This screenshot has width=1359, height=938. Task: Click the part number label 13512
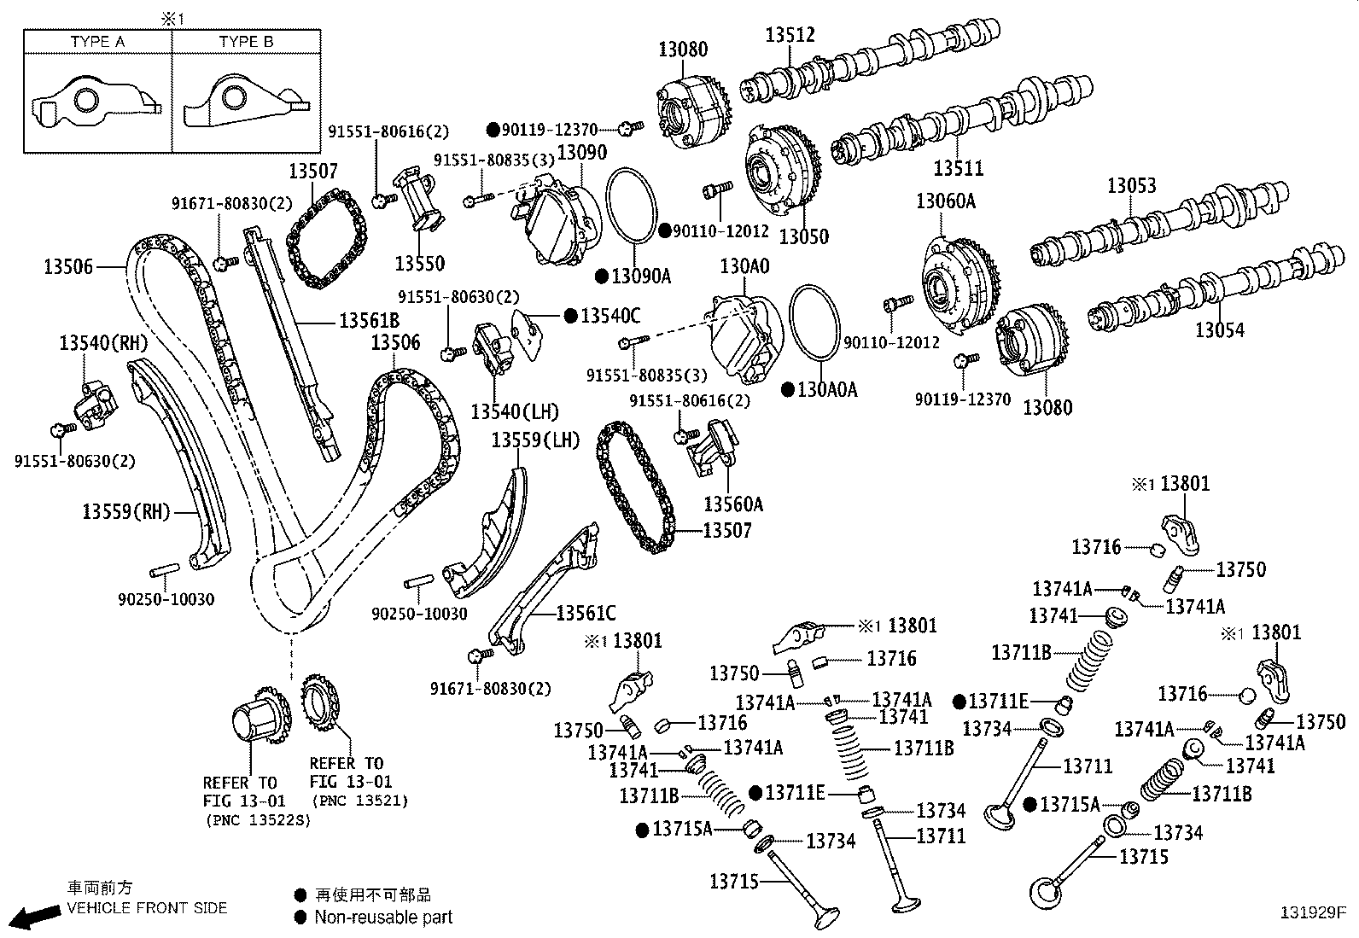point(790,35)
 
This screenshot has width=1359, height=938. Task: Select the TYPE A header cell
point(97,42)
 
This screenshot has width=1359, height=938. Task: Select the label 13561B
point(369,321)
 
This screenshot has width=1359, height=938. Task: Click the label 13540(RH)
point(103,343)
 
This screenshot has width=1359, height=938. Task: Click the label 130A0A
point(827,390)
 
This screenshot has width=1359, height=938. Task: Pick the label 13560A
point(733,504)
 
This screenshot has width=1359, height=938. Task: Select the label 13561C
point(586,613)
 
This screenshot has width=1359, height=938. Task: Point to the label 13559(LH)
point(535,440)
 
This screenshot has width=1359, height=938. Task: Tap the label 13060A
point(945,201)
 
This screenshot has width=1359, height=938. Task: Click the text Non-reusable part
point(383,918)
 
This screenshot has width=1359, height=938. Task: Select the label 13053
point(1131,185)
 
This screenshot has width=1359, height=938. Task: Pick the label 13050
point(803,236)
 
